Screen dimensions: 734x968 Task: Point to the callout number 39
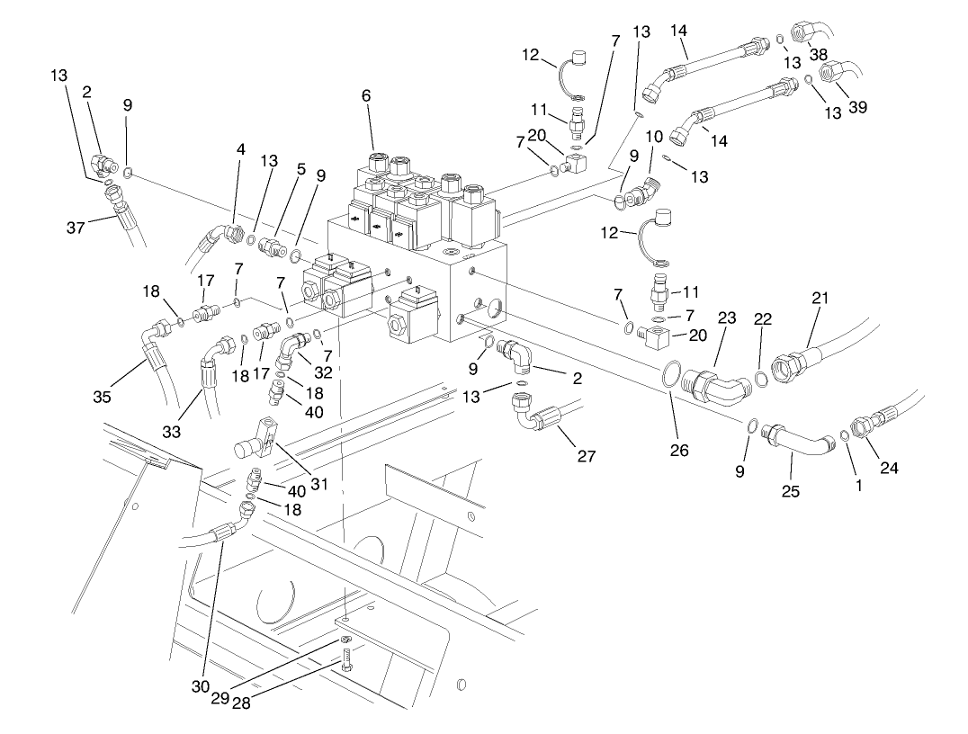click(857, 107)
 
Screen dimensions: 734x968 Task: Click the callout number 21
click(820, 298)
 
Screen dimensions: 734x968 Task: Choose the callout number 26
click(679, 450)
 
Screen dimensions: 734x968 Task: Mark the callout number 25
click(791, 491)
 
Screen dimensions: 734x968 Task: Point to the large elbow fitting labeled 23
click(718, 383)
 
